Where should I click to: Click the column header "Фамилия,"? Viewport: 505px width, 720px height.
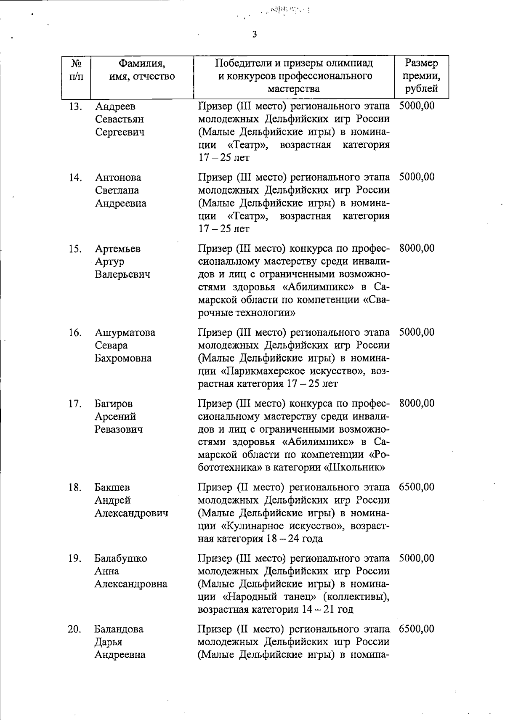pos(141,64)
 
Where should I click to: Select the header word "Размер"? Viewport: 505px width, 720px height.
pos(421,63)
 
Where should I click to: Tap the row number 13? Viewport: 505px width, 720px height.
pos(75,106)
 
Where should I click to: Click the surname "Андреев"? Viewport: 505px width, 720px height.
pos(115,106)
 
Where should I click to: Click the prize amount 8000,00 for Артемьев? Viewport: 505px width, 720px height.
pos(417,248)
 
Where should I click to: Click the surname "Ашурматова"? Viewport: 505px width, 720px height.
pos(125,332)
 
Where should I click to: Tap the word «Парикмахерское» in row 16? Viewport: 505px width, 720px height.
pos(263,371)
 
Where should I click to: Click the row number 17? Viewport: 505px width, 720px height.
pos(75,404)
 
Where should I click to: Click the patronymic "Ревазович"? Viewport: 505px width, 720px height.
pos(118,429)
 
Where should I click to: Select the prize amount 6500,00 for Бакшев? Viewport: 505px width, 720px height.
pos(417,487)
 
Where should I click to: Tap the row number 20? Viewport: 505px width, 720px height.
pos(75,629)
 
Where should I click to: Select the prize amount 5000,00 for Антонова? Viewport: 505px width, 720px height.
pos(417,177)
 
